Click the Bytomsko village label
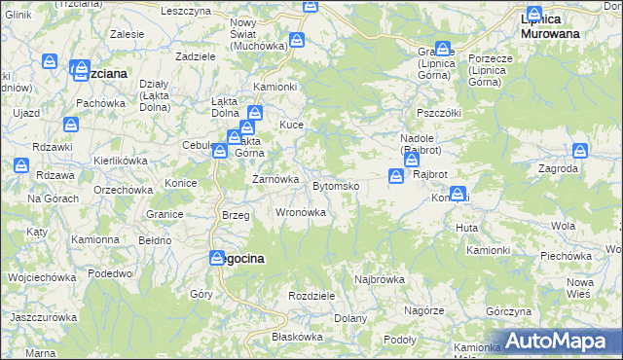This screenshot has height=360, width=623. coord(336,185)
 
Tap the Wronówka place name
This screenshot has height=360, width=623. coord(301,211)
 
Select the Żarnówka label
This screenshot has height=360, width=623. coord(275,179)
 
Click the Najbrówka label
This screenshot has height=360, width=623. coord(380,279)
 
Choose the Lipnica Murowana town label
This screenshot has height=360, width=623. coord(550,26)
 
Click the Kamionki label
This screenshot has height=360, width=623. coord(275,86)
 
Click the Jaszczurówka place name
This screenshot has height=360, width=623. coord(43,318)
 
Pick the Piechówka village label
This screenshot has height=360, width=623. coord(567,256)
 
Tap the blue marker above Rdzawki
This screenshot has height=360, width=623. coord(71,125)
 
